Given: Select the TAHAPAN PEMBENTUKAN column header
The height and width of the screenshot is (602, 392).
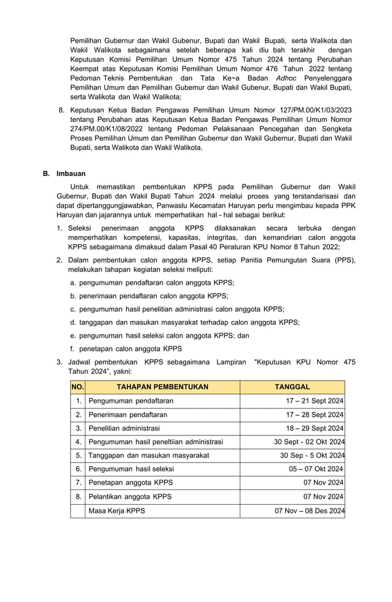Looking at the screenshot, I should (x=163, y=387).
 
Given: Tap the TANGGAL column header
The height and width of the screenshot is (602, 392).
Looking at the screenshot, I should (x=292, y=387).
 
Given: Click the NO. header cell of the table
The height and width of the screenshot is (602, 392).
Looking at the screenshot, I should (x=77, y=387).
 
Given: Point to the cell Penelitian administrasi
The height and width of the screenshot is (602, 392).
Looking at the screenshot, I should (x=124, y=428).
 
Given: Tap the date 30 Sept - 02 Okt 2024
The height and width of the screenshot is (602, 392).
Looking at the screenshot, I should (x=309, y=442).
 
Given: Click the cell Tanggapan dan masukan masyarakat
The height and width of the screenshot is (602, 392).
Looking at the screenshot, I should (x=149, y=456).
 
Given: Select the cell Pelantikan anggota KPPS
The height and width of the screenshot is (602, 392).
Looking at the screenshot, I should (x=130, y=496).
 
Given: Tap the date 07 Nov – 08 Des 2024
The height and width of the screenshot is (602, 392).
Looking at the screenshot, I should (x=309, y=510).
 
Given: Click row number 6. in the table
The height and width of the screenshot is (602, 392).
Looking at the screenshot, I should (x=79, y=469).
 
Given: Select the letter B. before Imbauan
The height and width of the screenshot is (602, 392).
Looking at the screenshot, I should (x=46, y=174).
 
